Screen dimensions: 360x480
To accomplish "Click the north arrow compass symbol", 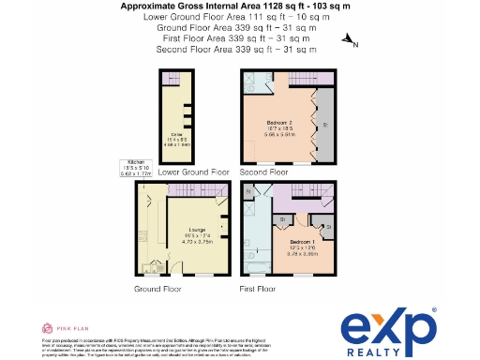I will (350, 40).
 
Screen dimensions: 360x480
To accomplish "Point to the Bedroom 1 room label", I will (293, 246).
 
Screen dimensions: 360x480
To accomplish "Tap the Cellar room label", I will (174, 138).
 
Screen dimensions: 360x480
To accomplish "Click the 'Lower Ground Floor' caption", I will (194, 172).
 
